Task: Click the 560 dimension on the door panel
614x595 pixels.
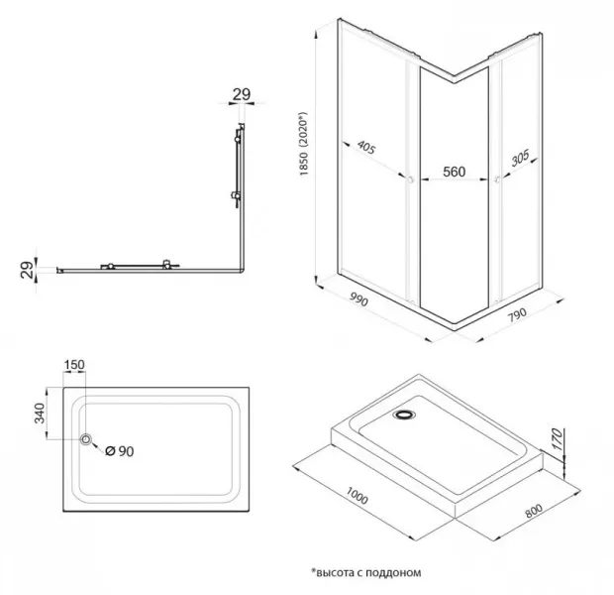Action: coord(455,172)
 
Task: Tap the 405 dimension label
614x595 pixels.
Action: coord(366,148)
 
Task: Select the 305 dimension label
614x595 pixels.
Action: coord(520,158)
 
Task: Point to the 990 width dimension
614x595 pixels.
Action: coord(358,300)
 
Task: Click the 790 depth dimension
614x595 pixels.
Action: coord(517,314)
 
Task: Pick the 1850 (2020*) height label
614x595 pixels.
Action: coord(304,144)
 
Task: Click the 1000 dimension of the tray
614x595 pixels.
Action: coord(357,496)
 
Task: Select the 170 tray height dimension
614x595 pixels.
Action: coord(557,439)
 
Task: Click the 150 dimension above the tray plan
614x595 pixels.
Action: coord(74,365)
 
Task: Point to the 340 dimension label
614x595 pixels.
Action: coord(40,414)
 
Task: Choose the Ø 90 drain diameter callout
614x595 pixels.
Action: coord(120,451)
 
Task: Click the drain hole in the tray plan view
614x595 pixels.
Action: coord(86,439)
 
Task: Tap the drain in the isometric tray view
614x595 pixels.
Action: coord(404,415)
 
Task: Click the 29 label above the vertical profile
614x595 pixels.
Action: coord(242,94)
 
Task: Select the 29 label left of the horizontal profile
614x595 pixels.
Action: coord(28,270)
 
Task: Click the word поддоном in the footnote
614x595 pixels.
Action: coord(396,573)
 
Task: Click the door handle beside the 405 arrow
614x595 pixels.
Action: coord(410,180)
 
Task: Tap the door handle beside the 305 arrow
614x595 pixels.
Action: coord(497,180)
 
